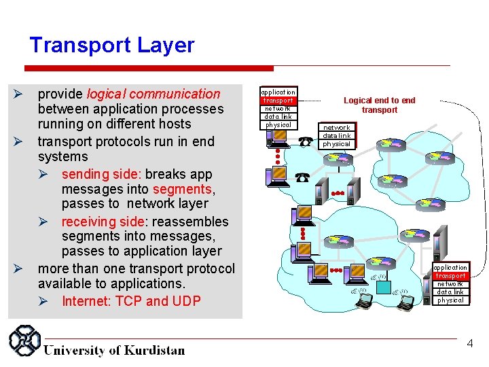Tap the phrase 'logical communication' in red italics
[x=153, y=94]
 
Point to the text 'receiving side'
[x=102, y=222]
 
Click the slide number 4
[x=469, y=345]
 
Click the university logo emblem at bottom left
[x=24, y=342]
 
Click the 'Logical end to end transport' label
[x=379, y=105]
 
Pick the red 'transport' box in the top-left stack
[x=278, y=100]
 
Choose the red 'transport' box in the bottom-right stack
[x=451, y=276]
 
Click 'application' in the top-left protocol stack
[x=278, y=92]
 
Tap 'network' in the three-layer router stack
[x=336, y=128]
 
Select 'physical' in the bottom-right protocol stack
[x=451, y=300]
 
